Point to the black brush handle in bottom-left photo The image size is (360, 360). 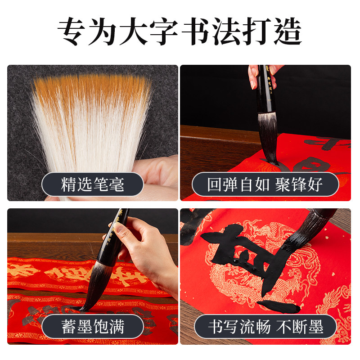(x=118, y=234)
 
